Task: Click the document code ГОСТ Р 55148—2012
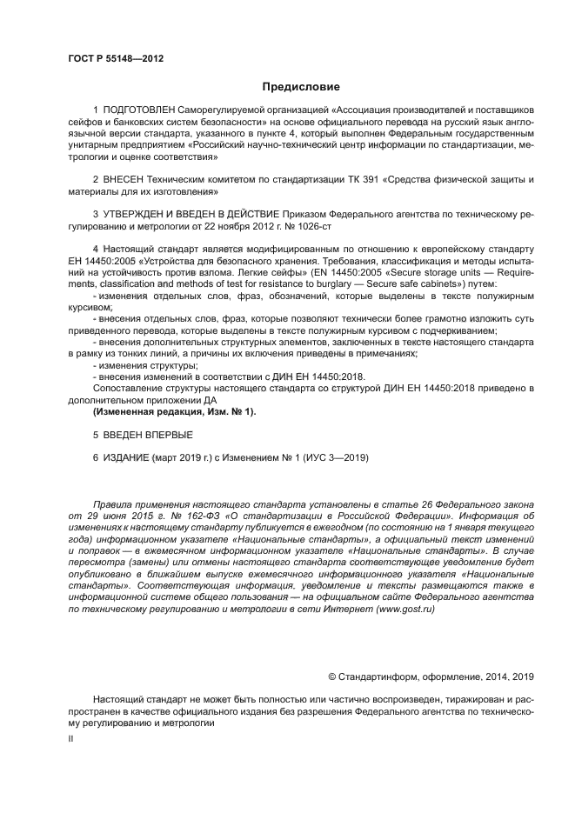click(116, 58)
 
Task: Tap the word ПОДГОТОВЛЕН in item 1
click(140, 112)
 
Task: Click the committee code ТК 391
click(384, 180)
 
